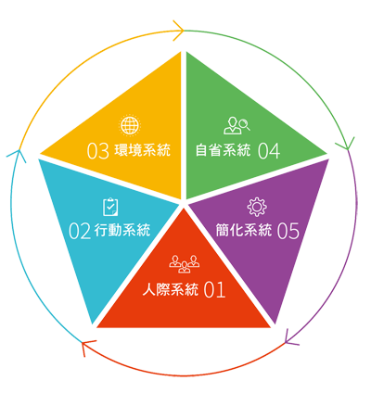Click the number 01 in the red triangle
click(x=214, y=290)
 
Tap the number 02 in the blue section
click(x=80, y=231)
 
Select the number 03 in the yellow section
click(x=97, y=151)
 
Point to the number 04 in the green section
click(x=269, y=151)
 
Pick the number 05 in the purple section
click(x=288, y=231)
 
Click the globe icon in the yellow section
click(x=130, y=125)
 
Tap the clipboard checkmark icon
click(x=110, y=207)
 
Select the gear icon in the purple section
click(x=257, y=207)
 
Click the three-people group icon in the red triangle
click(x=185, y=264)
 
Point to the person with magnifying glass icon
click(x=237, y=125)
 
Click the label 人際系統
click(x=171, y=290)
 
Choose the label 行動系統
click(x=122, y=231)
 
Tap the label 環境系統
click(x=143, y=150)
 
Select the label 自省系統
click(x=223, y=150)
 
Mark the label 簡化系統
click(x=244, y=231)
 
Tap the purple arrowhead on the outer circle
click(x=289, y=338)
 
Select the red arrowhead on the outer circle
click(x=87, y=346)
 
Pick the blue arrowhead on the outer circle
click(x=18, y=155)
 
